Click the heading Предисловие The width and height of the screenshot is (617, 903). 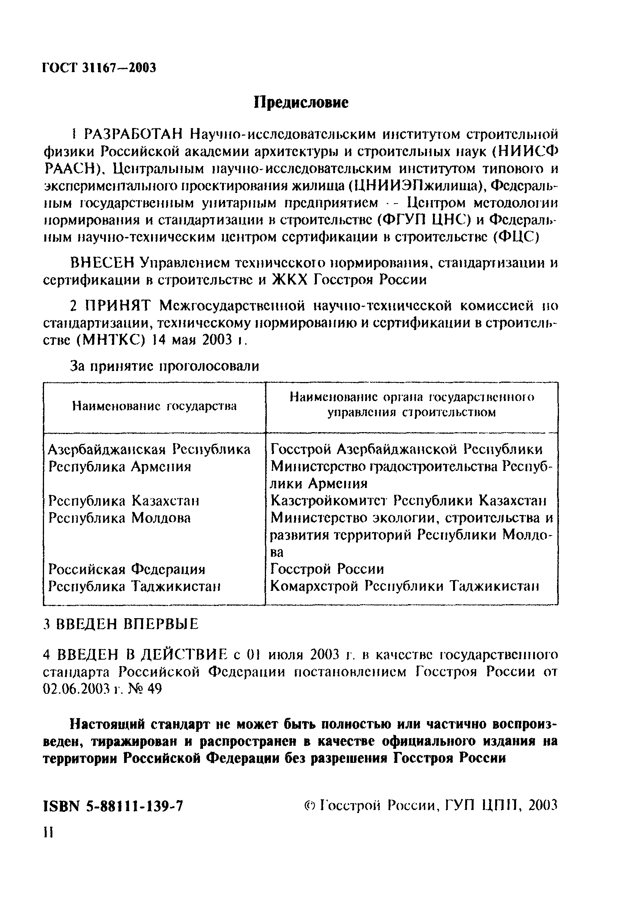click(x=301, y=103)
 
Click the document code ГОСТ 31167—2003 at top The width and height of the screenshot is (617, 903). click(x=99, y=68)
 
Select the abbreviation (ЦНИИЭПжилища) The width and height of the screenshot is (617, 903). click(x=416, y=186)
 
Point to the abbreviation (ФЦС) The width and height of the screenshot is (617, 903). click(x=516, y=237)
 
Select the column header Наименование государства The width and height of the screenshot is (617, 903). click(x=154, y=406)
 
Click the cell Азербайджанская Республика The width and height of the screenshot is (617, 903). click(x=149, y=450)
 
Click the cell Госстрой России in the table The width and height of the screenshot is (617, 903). click(x=327, y=569)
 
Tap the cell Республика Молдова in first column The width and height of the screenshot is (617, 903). click(x=120, y=518)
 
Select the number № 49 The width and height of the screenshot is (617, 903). click(x=147, y=689)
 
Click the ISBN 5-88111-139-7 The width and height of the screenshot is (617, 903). click(x=113, y=807)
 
